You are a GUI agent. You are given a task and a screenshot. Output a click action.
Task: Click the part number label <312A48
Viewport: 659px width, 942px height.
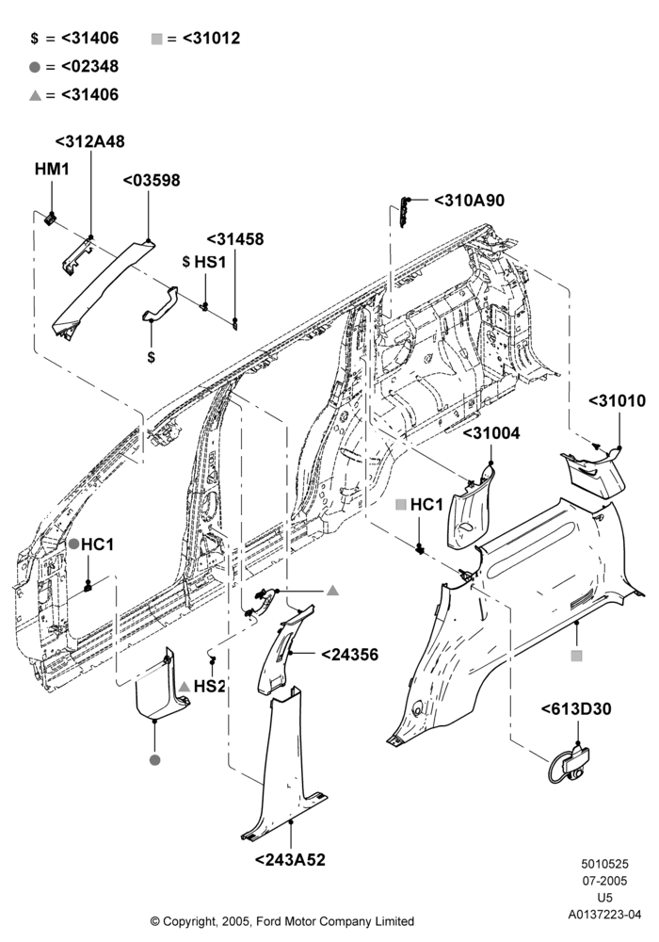click(90, 142)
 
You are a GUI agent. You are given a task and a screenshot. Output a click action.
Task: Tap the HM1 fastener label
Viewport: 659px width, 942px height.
click(52, 170)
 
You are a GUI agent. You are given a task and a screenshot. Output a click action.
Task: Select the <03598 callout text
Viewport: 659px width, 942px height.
click(152, 180)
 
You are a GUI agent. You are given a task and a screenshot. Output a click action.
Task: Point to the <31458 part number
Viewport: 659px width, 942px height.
click(235, 239)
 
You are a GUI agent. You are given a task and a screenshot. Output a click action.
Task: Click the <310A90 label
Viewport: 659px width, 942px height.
click(470, 201)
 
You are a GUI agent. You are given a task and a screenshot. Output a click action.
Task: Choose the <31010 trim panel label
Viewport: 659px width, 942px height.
click(617, 401)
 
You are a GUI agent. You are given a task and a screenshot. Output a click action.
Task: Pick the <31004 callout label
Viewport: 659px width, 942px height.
click(491, 433)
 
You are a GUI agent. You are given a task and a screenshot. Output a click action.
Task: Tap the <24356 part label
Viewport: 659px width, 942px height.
click(350, 655)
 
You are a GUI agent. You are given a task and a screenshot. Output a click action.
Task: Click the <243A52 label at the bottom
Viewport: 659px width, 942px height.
click(291, 860)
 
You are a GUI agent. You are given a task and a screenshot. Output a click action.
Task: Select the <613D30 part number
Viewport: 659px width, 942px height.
click(576, 709)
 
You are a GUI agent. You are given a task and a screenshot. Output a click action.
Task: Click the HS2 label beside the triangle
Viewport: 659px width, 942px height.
click(209, 686)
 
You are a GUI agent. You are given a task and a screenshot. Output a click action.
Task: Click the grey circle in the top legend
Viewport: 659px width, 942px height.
click(35, 67)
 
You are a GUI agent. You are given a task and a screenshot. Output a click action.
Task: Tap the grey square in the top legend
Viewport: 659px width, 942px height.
click(157, 40)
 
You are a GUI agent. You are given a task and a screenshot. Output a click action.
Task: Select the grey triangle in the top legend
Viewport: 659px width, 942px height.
click(35, 95)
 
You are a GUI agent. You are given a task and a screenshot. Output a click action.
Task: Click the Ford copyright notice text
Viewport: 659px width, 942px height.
click(282, 921)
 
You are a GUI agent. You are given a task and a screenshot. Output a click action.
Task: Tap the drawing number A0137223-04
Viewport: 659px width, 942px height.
click(605, 915)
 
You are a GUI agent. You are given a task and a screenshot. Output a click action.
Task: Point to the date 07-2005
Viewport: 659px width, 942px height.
click(605, 882)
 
